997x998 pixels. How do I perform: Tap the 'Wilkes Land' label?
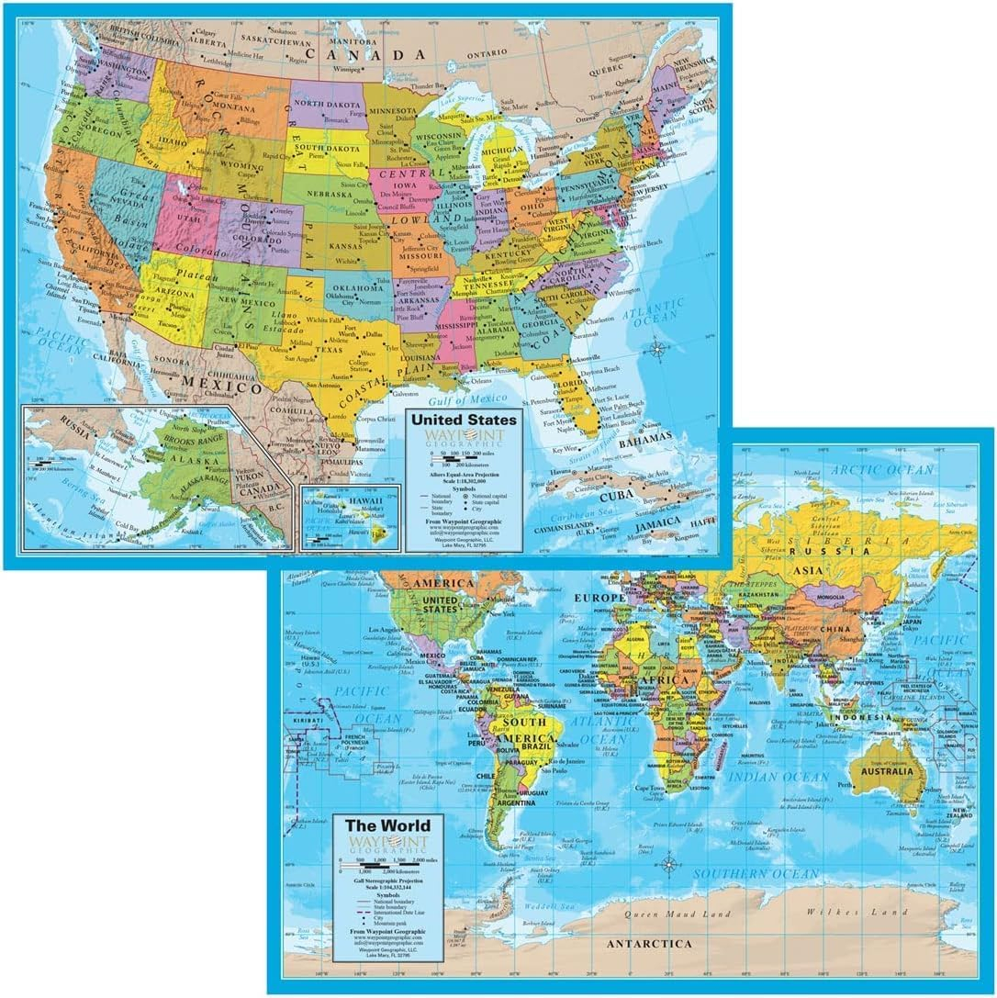[840, 912]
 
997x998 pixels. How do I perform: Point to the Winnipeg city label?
[346, 69]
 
